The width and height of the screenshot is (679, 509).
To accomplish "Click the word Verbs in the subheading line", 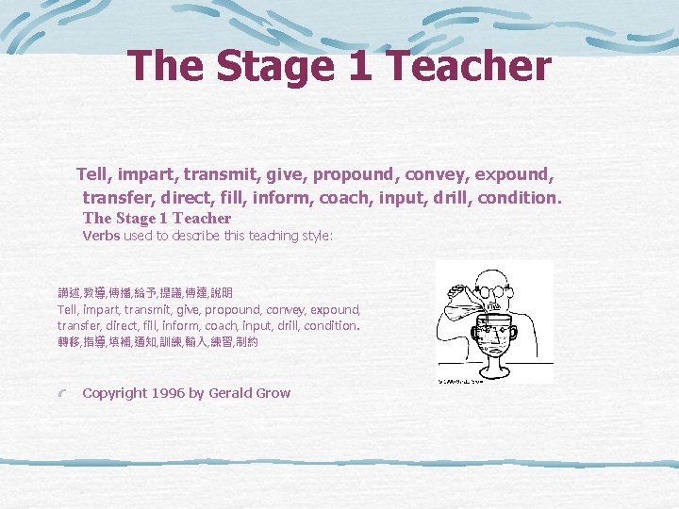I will pos(101,236).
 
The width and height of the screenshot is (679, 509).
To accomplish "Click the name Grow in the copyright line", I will pos(272,393).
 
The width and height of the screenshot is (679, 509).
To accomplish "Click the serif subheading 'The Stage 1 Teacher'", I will pos(157,218).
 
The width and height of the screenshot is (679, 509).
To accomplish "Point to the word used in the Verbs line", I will pos(138,236).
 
